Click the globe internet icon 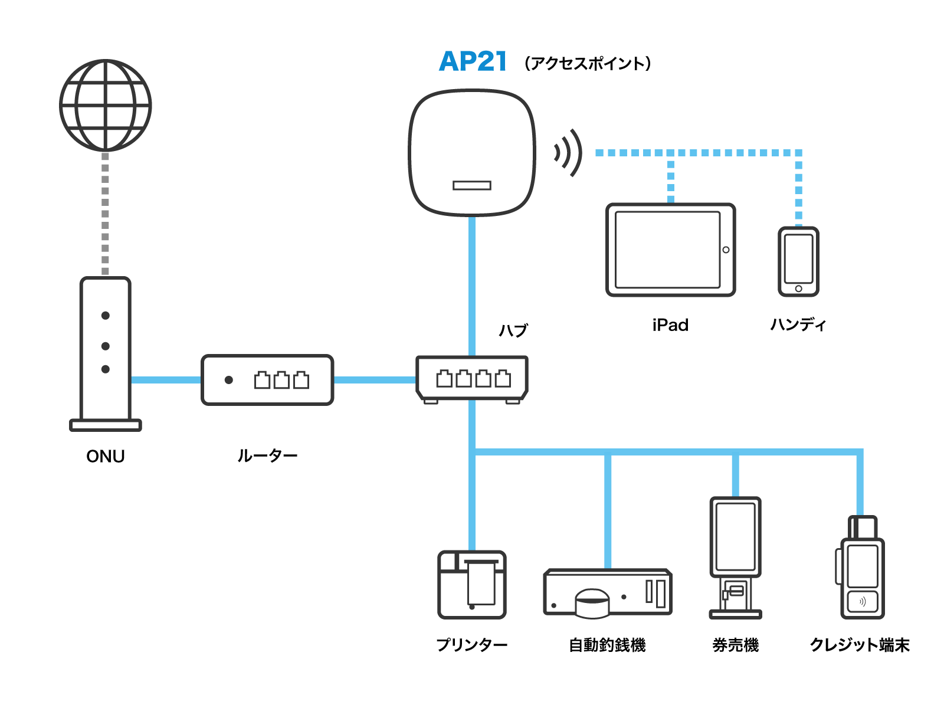(x=106, y=105)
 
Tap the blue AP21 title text (x=473, y=61)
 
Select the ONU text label (x=105, y=456)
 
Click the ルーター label (x=267, y=455)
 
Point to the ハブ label (x=513, y=330)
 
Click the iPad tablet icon (x=670, y=250)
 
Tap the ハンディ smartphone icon (x=798, y=261)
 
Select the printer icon (x=471, y=585)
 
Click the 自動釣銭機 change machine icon (x=607, y=593)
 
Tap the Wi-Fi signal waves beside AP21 (x=568, y=153)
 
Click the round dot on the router (x=228, y=380)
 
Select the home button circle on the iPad (x=726, y=250)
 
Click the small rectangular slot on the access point (x=471, y=185)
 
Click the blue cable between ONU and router (x=166, y=380)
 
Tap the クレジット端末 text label (x=860, y=645)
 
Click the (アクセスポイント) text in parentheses (x=588, y=63)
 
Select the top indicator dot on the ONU (x=105, y=316)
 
